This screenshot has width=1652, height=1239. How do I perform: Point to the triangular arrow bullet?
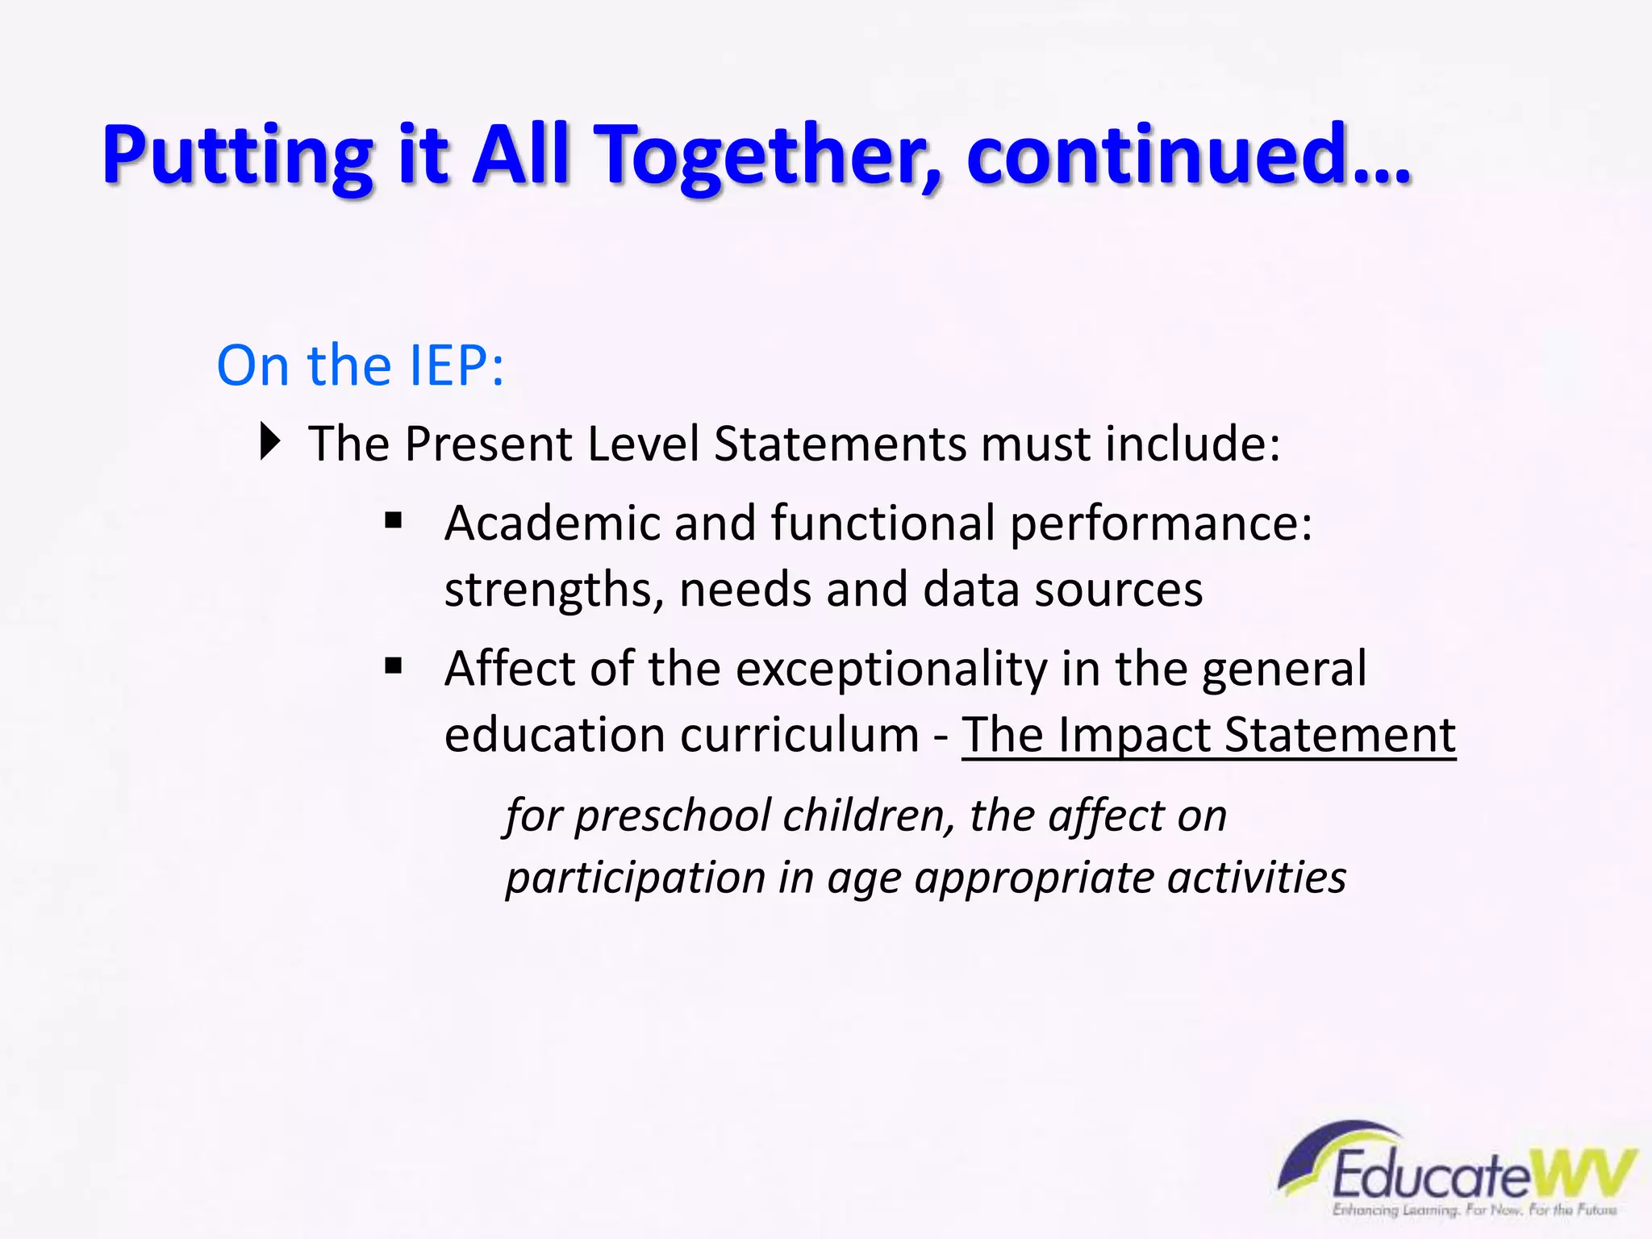click(270, 442)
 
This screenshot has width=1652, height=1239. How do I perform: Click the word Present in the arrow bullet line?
click(489, 444)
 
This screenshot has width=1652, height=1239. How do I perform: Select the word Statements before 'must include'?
click(840, 444)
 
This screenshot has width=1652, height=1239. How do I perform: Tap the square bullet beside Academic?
click(394, 520)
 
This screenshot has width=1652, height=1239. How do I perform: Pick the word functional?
click(883, 523)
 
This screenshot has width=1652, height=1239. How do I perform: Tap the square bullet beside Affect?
click(394, 666)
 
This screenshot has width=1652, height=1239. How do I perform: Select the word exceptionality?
click(891, 670)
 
